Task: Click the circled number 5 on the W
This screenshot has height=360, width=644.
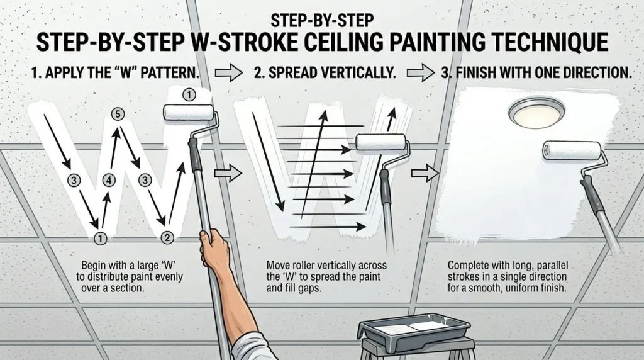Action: tap(118, 114)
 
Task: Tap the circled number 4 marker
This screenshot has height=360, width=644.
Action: tap(109, 180)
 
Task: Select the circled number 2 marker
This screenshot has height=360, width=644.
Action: tap(167, 237)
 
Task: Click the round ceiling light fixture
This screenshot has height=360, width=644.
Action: tap(536, 111)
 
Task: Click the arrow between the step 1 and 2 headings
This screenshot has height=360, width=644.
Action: tap(229, 73)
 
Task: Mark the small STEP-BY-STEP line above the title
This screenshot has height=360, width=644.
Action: tap(322, 20)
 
